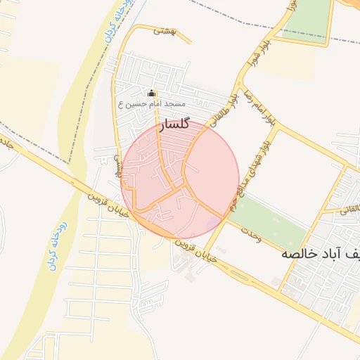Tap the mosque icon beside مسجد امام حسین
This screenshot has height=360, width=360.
point(150,93)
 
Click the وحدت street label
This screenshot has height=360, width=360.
point(250,236)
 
